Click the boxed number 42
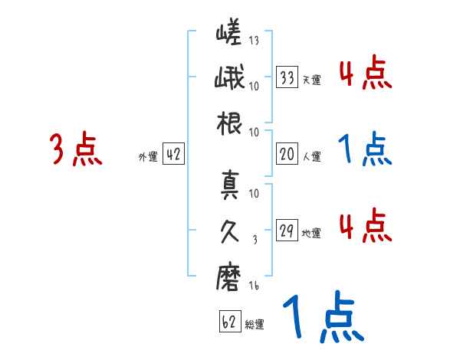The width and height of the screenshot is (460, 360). (x=173, y=155)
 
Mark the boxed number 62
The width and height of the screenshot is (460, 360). (x=228, y=322)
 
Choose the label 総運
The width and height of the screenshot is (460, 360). (x=254, y=325)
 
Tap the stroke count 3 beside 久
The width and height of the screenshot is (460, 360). (x=255, y=240)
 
